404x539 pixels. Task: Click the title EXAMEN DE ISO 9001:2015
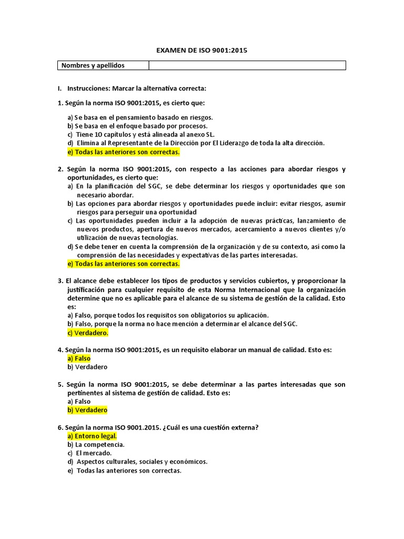coord(202,51)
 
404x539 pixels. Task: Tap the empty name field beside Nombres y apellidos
coord(247,65)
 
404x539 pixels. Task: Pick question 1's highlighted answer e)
coord(124,152)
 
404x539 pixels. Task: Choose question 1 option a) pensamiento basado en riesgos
coord(140,117)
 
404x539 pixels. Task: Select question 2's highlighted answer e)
coord(124,264)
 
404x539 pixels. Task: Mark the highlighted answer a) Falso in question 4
coord(79,358)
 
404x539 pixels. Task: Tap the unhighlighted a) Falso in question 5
coord(79,401)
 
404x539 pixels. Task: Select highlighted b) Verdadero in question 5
coord(87,410)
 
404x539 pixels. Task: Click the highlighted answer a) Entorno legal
coord(92,436)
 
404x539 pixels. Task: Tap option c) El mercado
coord(89,453)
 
